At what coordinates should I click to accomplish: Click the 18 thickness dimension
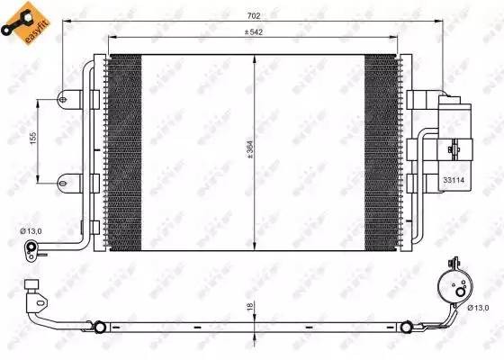pyautogui.click(x=248, y=308)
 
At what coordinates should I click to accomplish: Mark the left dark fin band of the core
pyautogui.click(x=124, y=150)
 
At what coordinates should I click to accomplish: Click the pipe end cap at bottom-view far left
pyautogui.click(x=35, y=291)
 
